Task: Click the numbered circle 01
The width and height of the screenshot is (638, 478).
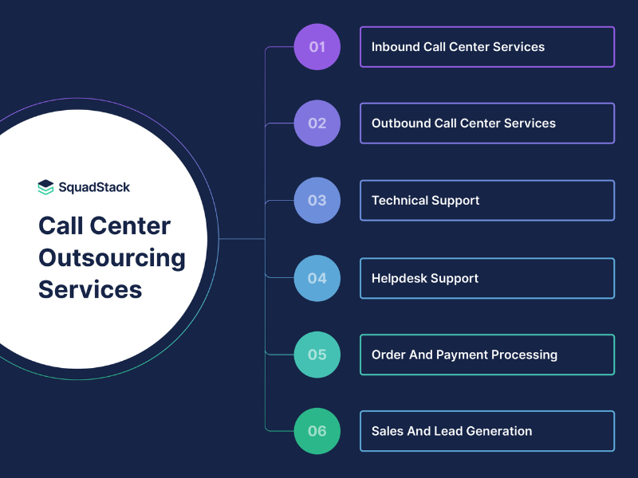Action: pos(317,46)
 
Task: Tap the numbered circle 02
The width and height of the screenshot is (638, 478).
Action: pos(317,123)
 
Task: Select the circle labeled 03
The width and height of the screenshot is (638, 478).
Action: pos(317,200)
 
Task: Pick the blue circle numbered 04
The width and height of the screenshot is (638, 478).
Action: pos(317,278)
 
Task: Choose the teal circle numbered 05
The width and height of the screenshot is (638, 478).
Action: pos(317,355)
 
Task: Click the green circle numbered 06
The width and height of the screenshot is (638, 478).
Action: pos(317,431)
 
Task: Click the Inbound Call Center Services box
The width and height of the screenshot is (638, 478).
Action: pos(486,46)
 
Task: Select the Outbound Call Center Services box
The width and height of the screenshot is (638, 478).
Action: pos(486,123)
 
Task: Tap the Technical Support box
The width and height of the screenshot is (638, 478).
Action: pos(486,200)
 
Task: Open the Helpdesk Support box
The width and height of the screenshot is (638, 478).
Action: pos(486,278)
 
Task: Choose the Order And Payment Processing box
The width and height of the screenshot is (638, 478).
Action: pos(486,355)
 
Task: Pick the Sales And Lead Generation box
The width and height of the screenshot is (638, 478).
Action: pos(486,431)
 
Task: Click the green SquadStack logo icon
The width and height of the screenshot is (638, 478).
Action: pos(45,188)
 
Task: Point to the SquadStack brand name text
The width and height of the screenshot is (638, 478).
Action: pos(94,188)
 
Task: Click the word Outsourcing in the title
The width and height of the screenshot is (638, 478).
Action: pos(112,258)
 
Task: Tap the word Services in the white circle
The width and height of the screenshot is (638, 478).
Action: pos(90,289)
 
